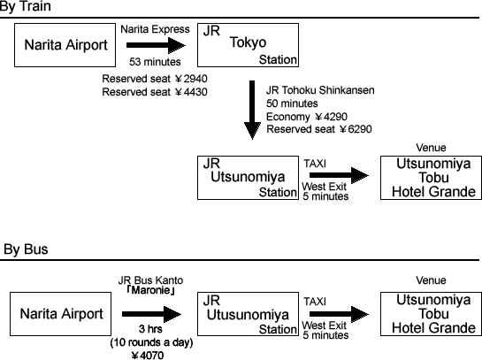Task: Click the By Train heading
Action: coord(26,6)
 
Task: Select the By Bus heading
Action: coord(26,249)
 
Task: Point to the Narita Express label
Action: coord(155,29)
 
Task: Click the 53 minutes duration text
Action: coord(155,62)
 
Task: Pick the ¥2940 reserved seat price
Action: coord(191,79)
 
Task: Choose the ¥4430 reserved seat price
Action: coord(191,92)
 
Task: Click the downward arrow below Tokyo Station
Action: coord(252,110)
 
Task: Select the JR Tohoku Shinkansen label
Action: coord(320,90)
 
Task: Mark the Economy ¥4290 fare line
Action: coord(307,117)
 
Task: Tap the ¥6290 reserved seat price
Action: coord(356,129)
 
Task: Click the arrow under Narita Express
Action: coord(157,45)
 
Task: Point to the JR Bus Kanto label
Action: coord(150,280)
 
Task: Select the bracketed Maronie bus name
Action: coord(150,290)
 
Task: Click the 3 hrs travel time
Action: coord(150,329)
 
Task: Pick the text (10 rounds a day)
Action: coord(151,342)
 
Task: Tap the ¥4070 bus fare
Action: coord(148,356)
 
